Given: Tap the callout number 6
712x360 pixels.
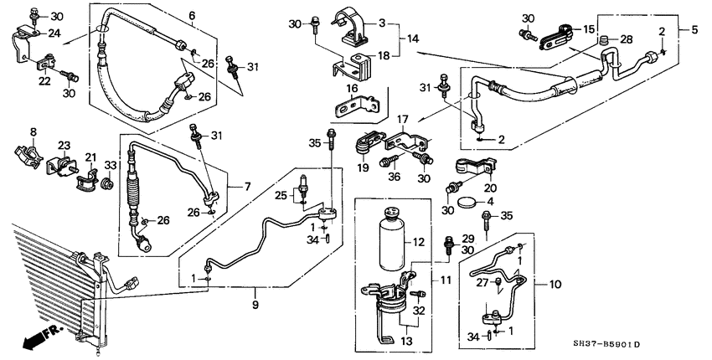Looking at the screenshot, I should click(191, 16).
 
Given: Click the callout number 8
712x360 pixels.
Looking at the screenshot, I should click(34, 131).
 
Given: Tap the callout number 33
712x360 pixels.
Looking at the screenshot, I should click(109, 165).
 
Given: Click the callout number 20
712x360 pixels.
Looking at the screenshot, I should click(490, 188).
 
